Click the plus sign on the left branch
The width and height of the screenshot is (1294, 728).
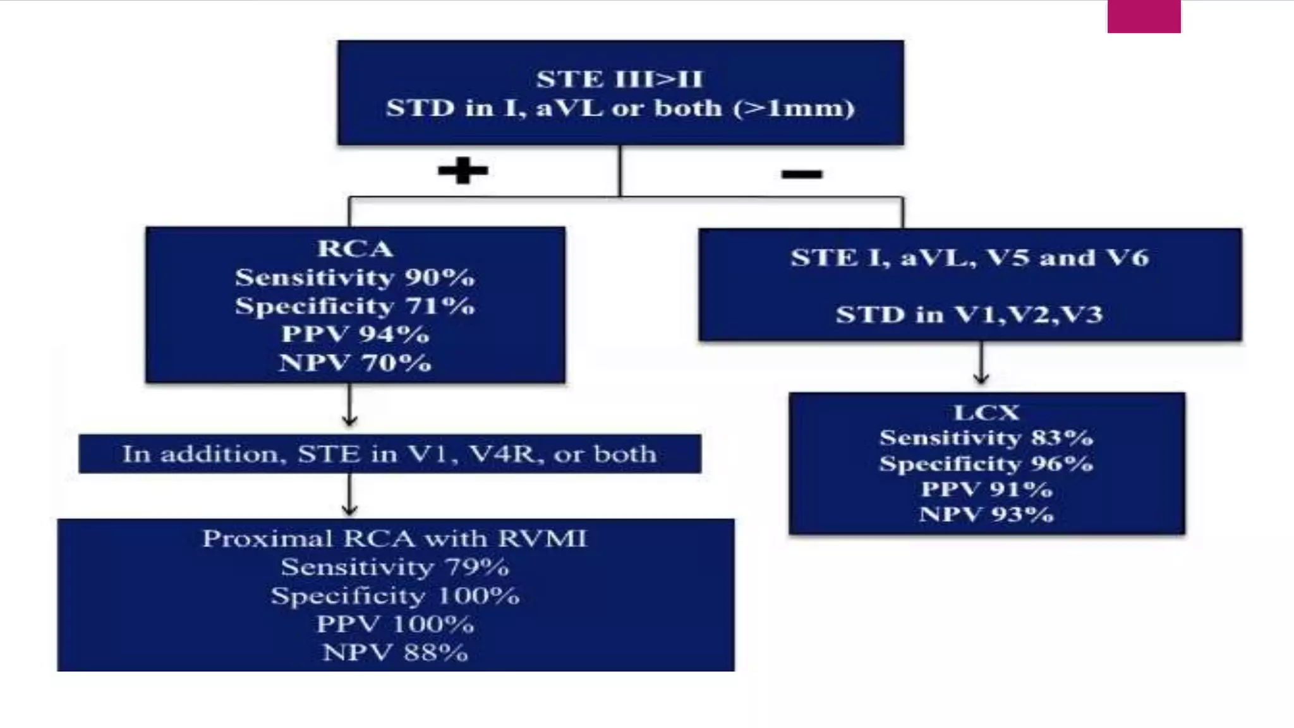point(463,171)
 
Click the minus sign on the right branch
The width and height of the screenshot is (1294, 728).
point(802,174)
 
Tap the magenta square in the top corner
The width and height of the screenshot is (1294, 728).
point(1144,16)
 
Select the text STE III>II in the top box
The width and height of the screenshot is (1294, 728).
point(620,80)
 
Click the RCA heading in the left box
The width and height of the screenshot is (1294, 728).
point(355,248)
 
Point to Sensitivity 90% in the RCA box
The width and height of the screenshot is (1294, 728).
point(355,277)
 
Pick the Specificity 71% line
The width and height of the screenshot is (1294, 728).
point(355,306)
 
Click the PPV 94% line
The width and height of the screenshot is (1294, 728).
point(355,334)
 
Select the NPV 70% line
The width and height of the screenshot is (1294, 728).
point(355,363)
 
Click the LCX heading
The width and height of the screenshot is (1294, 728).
point(986,413)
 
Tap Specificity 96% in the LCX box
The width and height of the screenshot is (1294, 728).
point(986,464)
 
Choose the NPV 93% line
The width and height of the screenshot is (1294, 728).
point(986,514)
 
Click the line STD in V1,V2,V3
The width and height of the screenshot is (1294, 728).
point(969,314)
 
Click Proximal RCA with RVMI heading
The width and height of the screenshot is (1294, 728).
point(395,538)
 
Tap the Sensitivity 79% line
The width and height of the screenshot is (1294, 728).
point(395,567)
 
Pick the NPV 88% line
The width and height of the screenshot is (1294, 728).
point(395,652)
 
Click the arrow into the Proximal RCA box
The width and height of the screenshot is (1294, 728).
point(349,495)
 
